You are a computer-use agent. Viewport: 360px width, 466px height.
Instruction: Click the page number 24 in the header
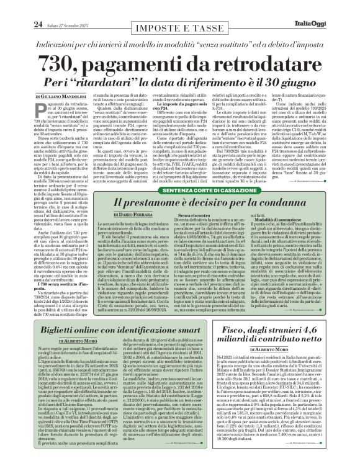coord(21,7)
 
